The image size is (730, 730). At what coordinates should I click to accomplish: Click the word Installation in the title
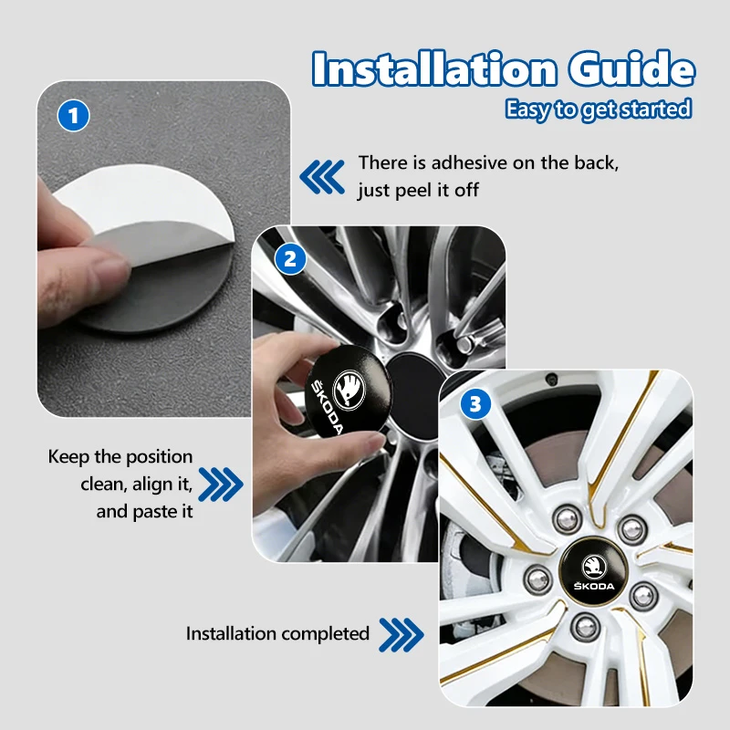tap(434, 69)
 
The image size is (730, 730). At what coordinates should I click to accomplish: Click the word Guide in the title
tap(631, 69)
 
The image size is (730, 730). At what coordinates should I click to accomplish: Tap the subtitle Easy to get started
tap(599, 109)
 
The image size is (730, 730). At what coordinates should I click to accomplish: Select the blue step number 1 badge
tap(73, 116)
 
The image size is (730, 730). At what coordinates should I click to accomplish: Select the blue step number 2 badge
tap(290, 259)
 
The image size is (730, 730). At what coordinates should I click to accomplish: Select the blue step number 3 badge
tap(475, 403)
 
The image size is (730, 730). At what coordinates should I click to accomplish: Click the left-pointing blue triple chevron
tap(322, 176)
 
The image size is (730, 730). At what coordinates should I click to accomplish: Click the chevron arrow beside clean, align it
tap(221, 485)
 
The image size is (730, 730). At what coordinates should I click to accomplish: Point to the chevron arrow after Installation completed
tap(401, 634)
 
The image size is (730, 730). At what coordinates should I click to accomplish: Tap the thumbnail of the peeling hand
tap(164, 249)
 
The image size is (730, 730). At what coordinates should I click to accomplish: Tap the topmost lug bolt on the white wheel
tap(568, 519)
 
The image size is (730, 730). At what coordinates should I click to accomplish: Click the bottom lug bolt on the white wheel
tap(586, 627)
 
